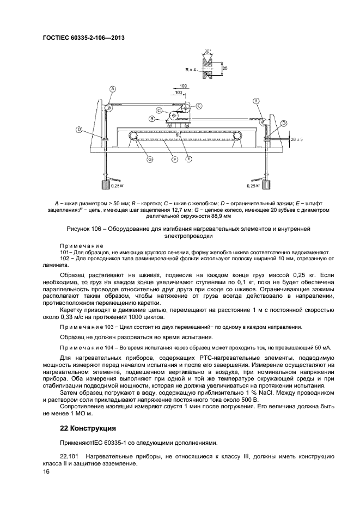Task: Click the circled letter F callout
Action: [x=174, y=159]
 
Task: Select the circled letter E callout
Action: [x=188, y=159]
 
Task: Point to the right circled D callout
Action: [x=284, y=124]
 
